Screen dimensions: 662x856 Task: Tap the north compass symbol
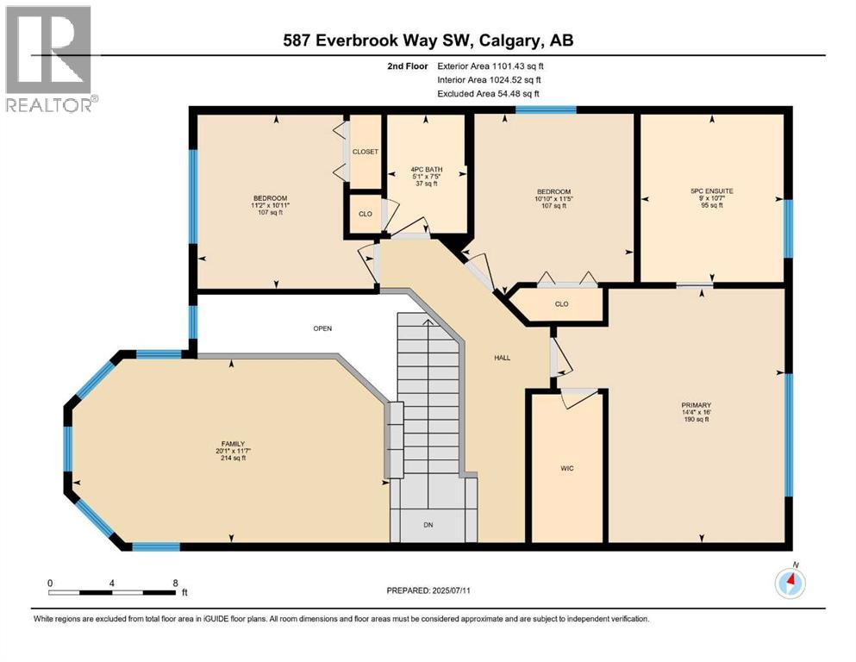tap(790, 584)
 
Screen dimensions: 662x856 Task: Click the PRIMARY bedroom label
tap(696, 404)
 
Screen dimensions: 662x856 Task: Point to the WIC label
tap(566, 468)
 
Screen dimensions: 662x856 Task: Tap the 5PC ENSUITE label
tap(711, 190)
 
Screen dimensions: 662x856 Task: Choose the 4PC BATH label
tap(427, 168)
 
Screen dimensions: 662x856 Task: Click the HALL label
tap(503, 357)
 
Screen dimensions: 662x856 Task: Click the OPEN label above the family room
tap(322, 328)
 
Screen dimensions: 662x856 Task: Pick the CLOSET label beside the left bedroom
tap(366, 152)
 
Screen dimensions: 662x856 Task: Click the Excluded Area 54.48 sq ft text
tap(490, 93)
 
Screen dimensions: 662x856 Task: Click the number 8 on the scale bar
tap(175, 583)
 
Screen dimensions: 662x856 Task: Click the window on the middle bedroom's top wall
tap(546, 109)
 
